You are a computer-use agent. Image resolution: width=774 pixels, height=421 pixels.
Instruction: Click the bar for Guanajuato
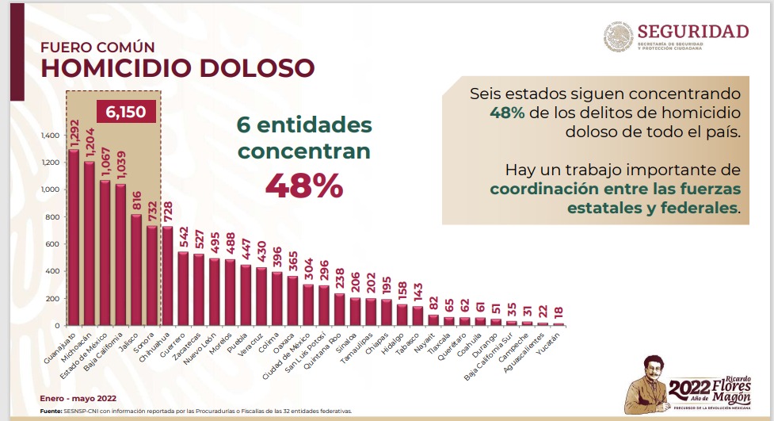74,238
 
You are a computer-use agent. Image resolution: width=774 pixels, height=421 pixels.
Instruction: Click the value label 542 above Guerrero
183,238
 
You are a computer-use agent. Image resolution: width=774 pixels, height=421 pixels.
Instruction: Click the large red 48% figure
303,186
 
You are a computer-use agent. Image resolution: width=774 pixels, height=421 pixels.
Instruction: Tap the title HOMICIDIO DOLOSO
177,68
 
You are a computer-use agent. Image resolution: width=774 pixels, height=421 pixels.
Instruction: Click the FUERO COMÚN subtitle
97,46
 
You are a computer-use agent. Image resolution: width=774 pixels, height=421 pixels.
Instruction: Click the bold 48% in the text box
507,112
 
